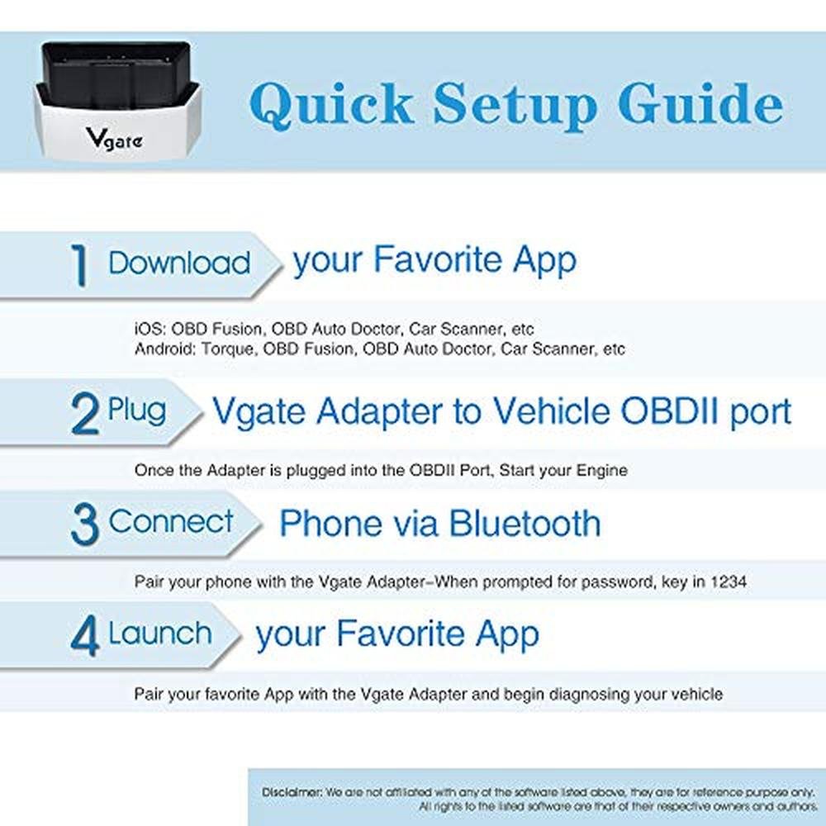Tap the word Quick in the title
[x=331, y=104]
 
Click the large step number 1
[x=79, y=264]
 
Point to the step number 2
[x=84, y=415]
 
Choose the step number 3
[x=85, y=524]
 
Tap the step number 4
[x=85, y=636]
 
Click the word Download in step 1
[x=179, y=263]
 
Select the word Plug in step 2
[x=136, y=411]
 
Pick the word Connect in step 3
[x=171, y=521]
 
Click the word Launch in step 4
[x=159, y=633]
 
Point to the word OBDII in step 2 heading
[x=670, y=411]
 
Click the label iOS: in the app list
[x=150, y=330]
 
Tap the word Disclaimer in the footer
[x=292, y=792]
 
